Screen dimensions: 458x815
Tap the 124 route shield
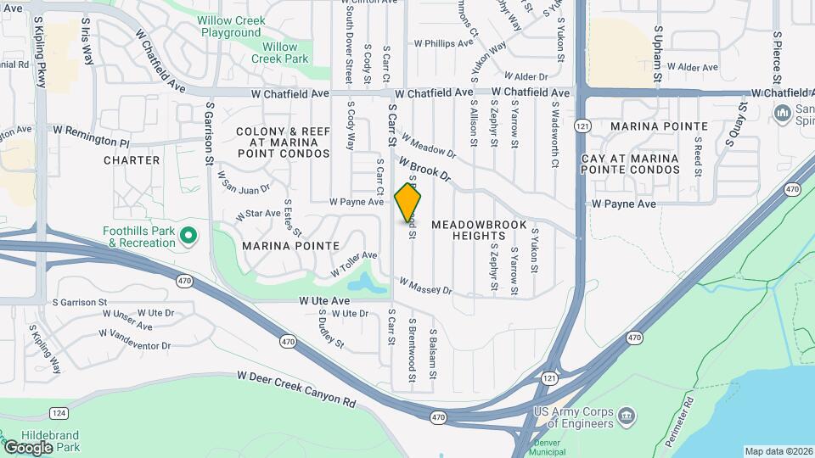point(59,413)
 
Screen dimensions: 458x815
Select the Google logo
point(28,447)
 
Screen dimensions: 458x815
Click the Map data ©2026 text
point(778,451)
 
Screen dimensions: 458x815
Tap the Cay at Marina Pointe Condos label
point(631,165)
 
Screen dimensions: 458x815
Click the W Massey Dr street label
point(425,287)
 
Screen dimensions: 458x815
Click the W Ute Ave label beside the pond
point(323,301)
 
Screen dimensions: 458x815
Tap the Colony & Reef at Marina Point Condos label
point(283,142)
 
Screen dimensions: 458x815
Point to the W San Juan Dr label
point(244,181)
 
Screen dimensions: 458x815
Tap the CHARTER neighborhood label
point(132,159)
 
